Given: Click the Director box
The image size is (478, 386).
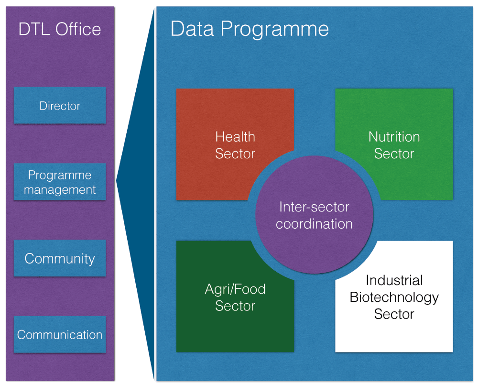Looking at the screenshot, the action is click(x=60, y=105).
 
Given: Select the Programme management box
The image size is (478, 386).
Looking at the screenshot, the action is click(x=60, y=182).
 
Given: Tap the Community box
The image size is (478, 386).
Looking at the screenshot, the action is click(x=60, y=258).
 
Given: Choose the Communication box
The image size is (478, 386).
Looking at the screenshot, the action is click(x=60, y=334).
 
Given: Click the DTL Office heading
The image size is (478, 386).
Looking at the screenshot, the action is click(x=60, y=29).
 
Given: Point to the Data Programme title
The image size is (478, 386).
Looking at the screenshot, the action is click(x=250, y=29).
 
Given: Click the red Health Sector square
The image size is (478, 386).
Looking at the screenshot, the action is click(x=235, y=144).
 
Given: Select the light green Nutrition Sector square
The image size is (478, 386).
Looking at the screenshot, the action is click(x=394, y=144).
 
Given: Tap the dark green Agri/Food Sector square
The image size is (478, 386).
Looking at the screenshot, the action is click(x=235, y=297).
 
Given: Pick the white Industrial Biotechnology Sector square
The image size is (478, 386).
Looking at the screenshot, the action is click(x=394, y=297).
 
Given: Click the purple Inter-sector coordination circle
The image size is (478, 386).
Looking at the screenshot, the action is click(x=315, y=215).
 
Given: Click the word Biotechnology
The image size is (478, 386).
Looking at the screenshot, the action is click(x=394, y=298).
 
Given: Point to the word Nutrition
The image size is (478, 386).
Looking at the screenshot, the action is click(x=394, y=137).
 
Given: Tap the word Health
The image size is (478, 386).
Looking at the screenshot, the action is click(x=235, y=137).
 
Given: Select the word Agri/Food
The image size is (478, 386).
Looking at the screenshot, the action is click(x=235, y=289).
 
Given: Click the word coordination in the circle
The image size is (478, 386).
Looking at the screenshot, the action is click(x=315, y=224).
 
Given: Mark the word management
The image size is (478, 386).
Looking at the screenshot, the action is click(x=60, y=190).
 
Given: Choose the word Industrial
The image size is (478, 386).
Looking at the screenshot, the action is click(x=394, y=280).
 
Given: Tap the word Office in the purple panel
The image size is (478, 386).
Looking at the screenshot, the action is click(x=78, y=29).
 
